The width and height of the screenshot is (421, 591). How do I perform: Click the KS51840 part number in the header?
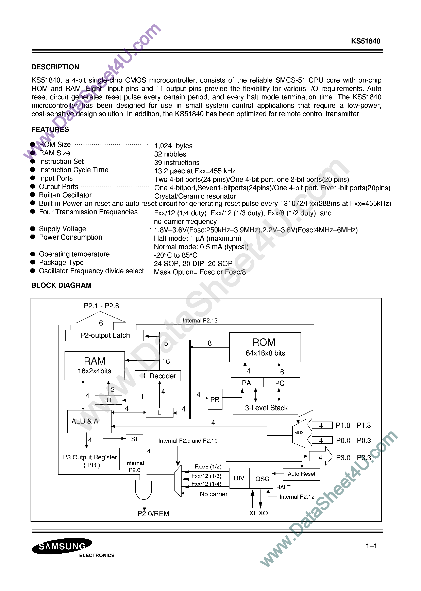coord(365,41)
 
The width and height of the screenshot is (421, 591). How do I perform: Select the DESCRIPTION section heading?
coord(55,67)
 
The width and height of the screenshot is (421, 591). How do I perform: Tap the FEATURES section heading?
coord(50,129)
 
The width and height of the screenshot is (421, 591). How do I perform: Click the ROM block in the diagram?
coord(265,347)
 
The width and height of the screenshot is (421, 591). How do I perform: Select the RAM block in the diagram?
coord(94,365)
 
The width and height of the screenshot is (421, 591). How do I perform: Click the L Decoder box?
coord(158,376)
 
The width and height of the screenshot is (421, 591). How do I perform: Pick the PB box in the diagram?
coord(215,399)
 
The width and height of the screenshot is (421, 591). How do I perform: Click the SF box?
coord(135,439)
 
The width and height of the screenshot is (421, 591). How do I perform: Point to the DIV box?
coord(239,478)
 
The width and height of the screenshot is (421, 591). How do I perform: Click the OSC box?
coord(262,479)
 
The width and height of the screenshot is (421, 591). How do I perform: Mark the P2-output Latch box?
coord(104,335)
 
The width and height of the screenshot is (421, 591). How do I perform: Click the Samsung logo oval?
coord(62,546)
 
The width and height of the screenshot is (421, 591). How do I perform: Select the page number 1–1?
coord(371,546)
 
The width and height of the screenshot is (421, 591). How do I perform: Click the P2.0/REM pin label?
coord(153,513)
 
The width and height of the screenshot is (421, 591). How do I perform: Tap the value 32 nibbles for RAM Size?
coord(170,154)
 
